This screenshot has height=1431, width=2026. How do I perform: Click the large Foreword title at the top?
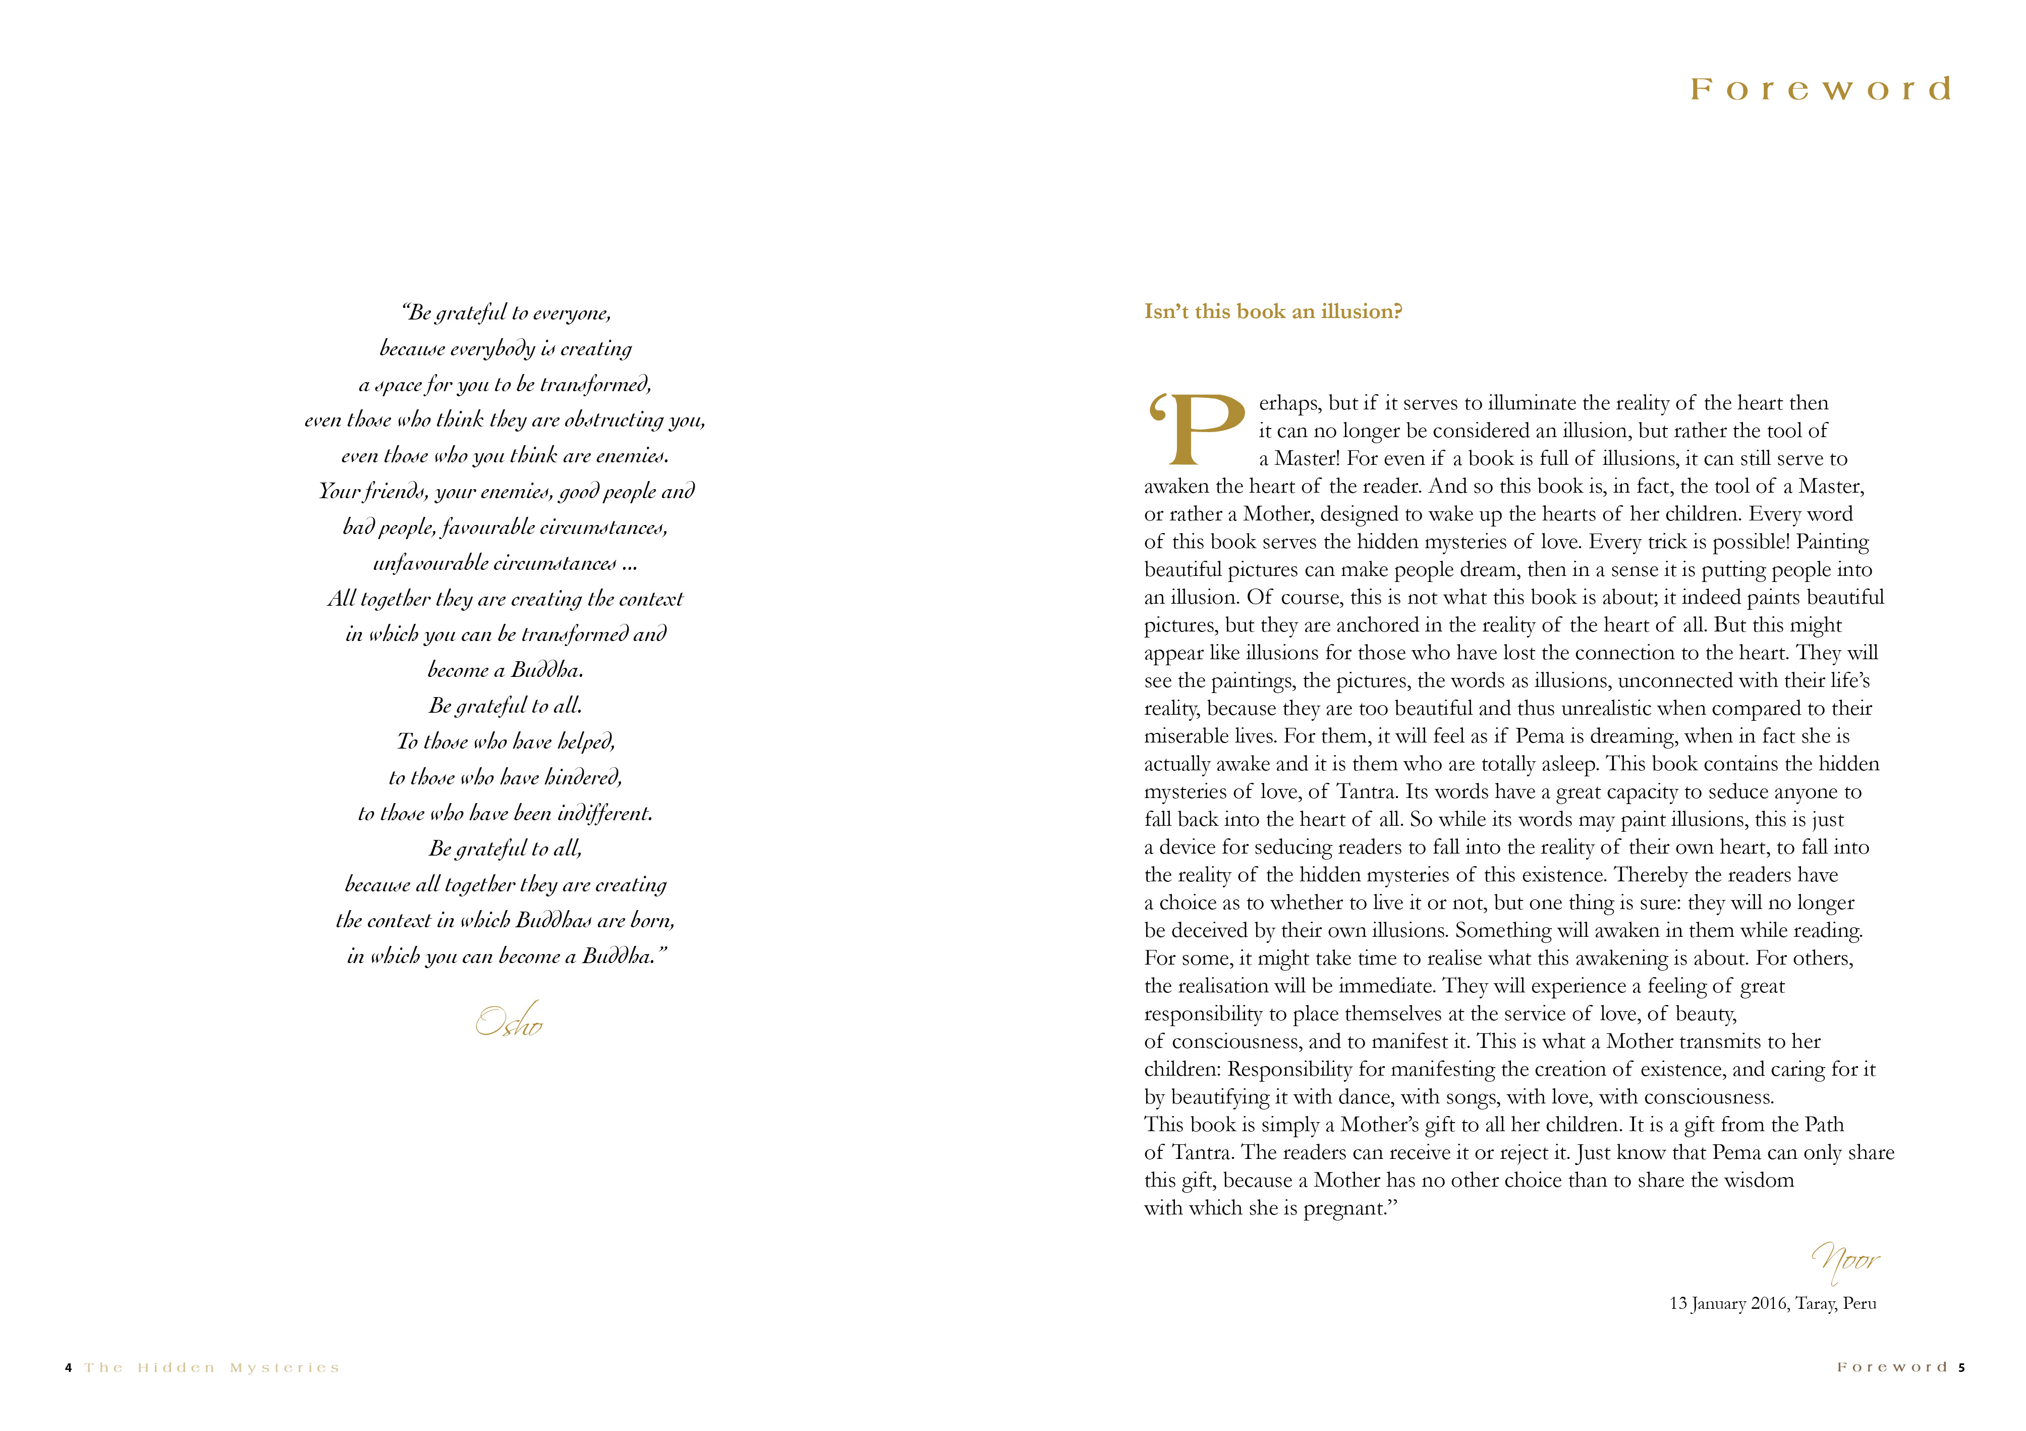tap(1820, 89)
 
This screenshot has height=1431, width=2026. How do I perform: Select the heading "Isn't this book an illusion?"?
tap(1272, 311)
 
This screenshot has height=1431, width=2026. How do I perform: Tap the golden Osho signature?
tap(509, 1022)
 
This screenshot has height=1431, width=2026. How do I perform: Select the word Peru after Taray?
tap(1859, 1304)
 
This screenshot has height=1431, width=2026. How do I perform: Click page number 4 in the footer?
tap(68, 1368)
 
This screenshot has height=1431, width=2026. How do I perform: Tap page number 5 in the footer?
tap(1961, 1367)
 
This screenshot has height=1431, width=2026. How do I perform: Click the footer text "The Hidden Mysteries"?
tap(212, 1368)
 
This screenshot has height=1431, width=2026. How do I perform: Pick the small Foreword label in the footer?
tap(1892, 1367)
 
